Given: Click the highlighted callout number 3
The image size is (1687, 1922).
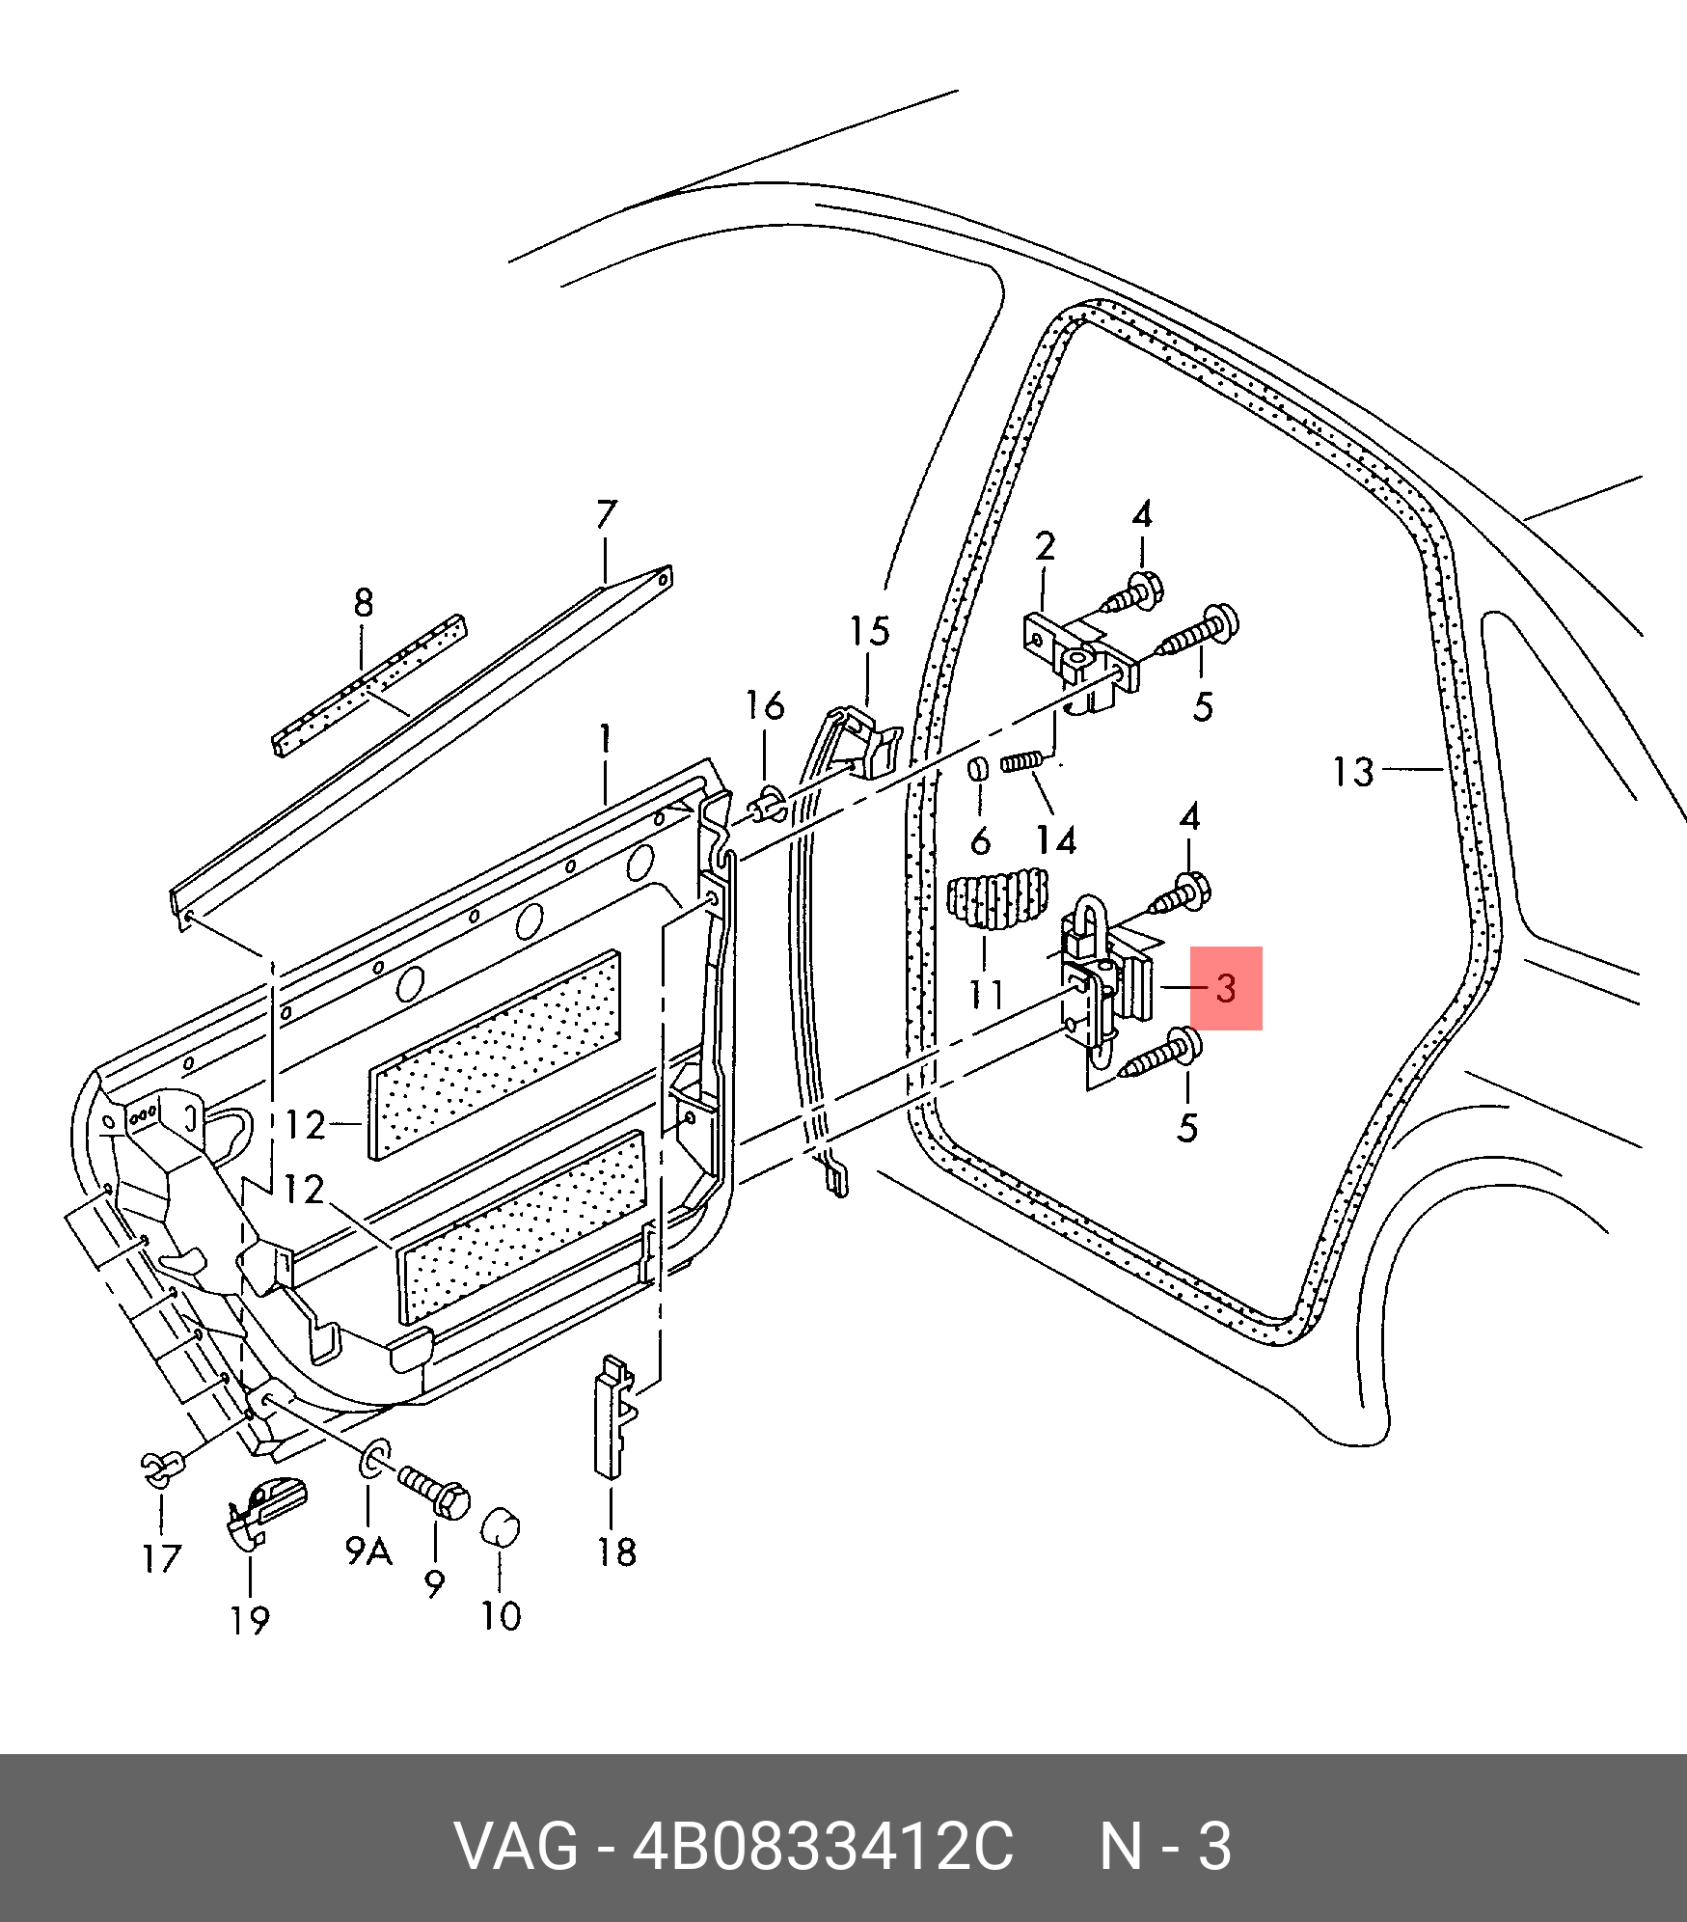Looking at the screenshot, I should click(x=1226, y=988).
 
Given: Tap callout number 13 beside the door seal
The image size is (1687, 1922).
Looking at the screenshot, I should click(x=1352, y=772).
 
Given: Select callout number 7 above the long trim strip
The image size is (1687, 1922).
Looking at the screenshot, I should click(x=606, y=514).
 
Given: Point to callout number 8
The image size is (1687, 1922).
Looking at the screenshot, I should click(x=363, y=603).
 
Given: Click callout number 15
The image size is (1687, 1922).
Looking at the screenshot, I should click(x=868, y=632).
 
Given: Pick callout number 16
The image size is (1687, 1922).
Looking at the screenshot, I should click(x=765, y=706).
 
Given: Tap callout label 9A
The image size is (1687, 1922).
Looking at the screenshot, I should click(x=368, y=1551).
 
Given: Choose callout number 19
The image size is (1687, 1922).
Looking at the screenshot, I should click(x=249, y=1619).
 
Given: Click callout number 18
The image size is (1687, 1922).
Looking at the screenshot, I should click(x=616, y=1551).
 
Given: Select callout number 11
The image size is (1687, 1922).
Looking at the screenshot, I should click(x=986, y=994).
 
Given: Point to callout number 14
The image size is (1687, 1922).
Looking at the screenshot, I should click(x=1056, y=840).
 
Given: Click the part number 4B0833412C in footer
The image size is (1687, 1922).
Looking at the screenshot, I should click(x=822, y=1847).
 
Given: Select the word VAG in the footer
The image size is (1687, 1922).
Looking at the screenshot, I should click(x=515, y=1847).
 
